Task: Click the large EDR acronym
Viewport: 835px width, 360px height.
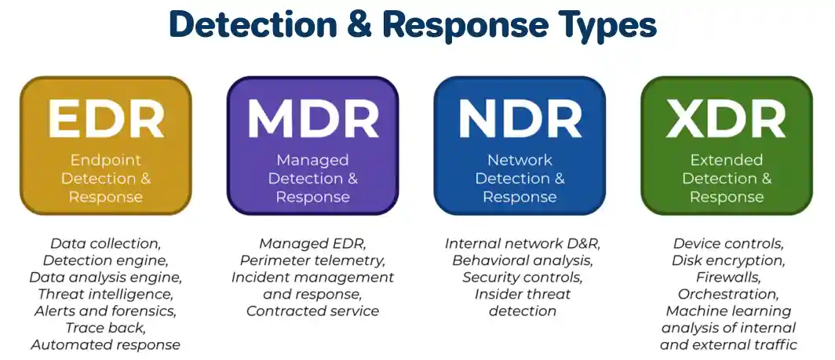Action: pos(105,119)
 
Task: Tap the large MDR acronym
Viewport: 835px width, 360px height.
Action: pos(312,119)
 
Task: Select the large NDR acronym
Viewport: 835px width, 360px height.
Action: pos(520,119)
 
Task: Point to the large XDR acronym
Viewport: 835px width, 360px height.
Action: pos(726,119)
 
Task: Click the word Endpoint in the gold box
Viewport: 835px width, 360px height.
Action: pos(105,160)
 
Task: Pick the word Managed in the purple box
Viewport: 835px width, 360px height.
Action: pos(312,160)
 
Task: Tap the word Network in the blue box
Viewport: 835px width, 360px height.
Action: pos(520,160)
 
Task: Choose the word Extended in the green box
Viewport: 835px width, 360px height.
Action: pos(726,160)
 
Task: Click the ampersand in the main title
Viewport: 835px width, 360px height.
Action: pos(359,26)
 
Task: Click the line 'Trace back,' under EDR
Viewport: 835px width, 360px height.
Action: pos(105,328)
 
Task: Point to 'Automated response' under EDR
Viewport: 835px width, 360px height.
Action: pos(105,345)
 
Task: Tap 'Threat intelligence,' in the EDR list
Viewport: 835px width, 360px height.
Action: pos(105,294)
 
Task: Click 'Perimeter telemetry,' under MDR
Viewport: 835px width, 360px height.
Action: pos(312,260)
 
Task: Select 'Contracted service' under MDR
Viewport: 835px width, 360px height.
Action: pos(312,311)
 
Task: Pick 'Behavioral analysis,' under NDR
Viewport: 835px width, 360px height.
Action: pos(520,260)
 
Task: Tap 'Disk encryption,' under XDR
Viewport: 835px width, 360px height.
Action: pos(728,260)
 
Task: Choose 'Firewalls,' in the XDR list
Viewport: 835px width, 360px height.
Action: pos(728,278)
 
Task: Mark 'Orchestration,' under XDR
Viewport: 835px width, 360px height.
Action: pos(728,294)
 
